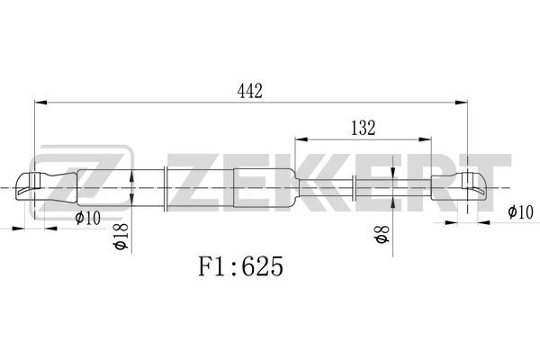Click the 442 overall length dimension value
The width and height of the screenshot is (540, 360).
249,91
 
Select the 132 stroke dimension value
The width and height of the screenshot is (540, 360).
363,128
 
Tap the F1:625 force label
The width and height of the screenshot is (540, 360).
240,266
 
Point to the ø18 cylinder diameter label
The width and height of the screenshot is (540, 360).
121,236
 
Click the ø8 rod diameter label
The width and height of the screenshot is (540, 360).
382,234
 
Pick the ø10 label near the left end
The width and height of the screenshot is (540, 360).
88,218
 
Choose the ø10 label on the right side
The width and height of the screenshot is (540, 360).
520,211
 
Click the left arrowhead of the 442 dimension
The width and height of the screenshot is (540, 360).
41,103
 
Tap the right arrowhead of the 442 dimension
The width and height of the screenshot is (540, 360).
461,103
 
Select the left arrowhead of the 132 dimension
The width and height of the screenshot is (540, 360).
301,139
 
